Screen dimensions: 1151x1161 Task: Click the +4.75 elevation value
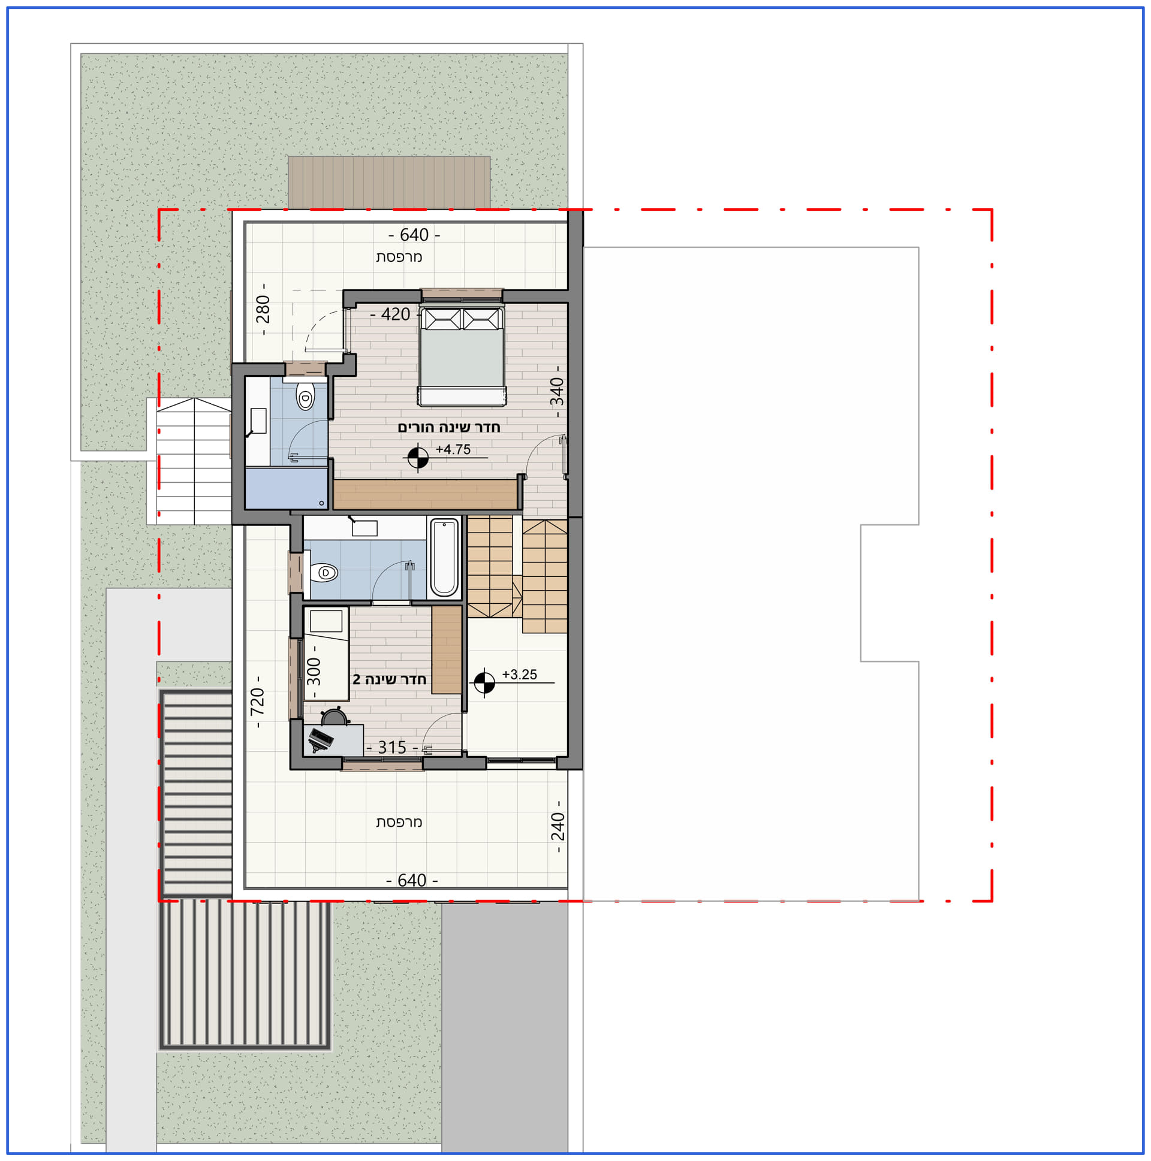click(453, 449)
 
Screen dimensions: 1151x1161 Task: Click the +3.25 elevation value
click(520, 674)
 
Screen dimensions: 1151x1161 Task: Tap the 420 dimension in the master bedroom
click(396, 315)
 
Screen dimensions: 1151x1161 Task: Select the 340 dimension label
click(558, 392)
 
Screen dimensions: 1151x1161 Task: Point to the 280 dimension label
click(263, 310)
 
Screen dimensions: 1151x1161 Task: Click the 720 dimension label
click(257, 702)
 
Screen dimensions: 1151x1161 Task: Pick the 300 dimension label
click(314, 672)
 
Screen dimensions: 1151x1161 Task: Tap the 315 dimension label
click(392, 748)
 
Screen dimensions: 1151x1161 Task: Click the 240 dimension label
click(558, 826)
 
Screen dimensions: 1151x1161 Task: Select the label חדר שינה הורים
click(448, 427)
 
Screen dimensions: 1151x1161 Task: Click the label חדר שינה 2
click(389, 680)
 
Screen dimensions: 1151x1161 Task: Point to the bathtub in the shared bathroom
click(444, 558)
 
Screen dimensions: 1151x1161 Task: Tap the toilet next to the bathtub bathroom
click(323, 573)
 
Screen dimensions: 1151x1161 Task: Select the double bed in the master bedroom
click(461, 356)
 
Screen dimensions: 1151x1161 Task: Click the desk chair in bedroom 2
click(335, 718)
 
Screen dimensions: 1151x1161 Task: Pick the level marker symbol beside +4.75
click(418, 458)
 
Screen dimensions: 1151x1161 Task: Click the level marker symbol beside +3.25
click(484, 683)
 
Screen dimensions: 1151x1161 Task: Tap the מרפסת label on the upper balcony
click(399, 257)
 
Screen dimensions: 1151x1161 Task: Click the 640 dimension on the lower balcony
click(412, 881)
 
